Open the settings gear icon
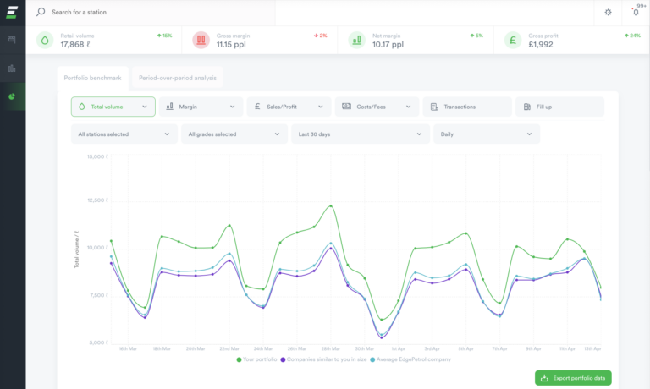(608, 13)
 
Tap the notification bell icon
(636, 13)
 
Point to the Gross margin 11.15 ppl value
(229, 44)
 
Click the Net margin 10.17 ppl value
(388, 44)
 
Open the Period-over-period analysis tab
(178, 78)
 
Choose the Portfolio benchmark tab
(92, 78)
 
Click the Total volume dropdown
(113, 107)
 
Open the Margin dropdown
(201, 107)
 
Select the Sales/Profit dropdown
(289, 107)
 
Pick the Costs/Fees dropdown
(377, 107)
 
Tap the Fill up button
(559, 107)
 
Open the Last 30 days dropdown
(360, 134)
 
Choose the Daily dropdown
(486, 134)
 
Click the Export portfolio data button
(573, 378)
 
